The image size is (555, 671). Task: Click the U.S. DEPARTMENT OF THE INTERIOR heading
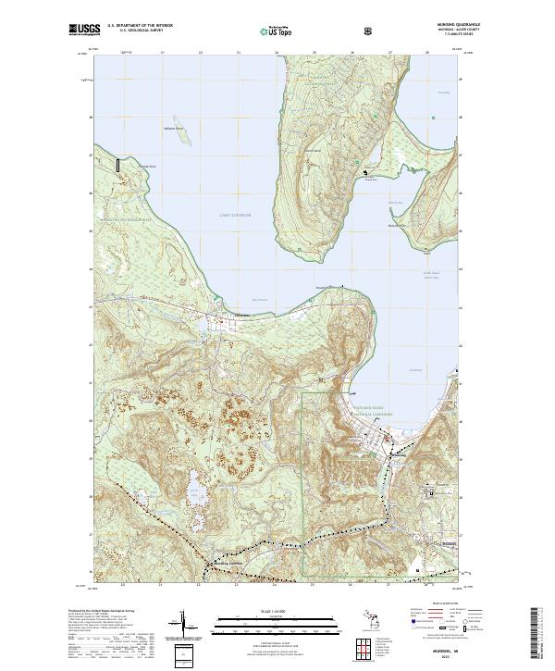[x=140, y=25]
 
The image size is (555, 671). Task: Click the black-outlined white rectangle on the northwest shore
[x=118, y=165]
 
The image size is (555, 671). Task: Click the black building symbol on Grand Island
[x=366, y=172]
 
